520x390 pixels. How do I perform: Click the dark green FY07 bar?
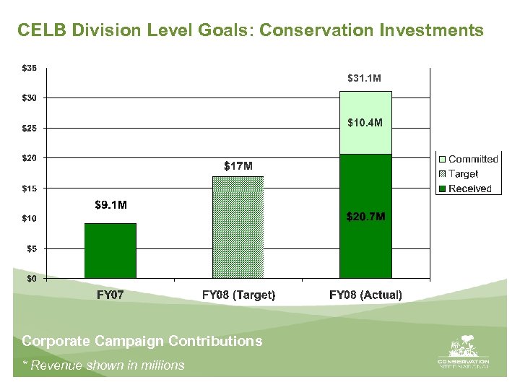(x=110, y=251)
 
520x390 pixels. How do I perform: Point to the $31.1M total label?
(x=365, y=77)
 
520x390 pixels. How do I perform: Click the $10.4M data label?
(x=365, y=123)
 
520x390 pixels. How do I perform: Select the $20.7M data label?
(x=365, y=216)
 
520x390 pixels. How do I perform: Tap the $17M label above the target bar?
(x=238, y=166)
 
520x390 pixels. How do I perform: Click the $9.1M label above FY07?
(x=110, y=205)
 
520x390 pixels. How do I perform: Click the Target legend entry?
(x=463, y=173)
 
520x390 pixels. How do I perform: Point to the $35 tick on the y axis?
(x=29, y=69)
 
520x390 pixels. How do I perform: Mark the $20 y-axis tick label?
(x=29, y=158)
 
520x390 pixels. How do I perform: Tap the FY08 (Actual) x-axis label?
(x=365, y=295)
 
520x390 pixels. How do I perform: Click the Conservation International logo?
(x=463, y=353)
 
